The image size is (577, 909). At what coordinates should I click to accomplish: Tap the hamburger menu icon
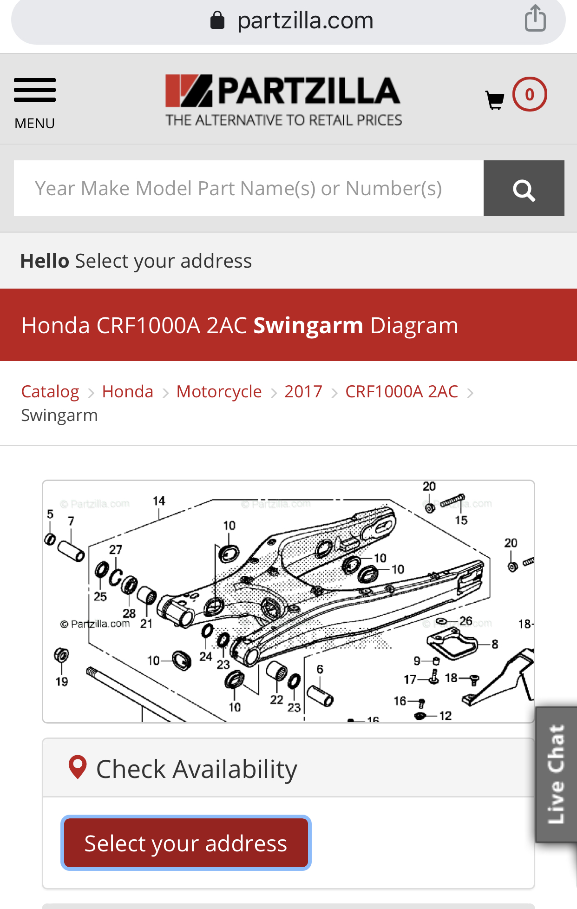35,90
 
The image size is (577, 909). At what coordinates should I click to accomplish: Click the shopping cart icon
495,99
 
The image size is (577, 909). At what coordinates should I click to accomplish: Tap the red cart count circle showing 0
530,94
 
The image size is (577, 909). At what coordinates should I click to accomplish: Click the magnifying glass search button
524,188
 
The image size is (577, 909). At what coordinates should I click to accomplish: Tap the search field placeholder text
238,189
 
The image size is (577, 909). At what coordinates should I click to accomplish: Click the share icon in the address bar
535,18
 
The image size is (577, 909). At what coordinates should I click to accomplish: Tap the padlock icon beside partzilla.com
217,20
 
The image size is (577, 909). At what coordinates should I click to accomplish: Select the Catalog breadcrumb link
50,391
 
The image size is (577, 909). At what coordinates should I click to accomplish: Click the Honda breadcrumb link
128,391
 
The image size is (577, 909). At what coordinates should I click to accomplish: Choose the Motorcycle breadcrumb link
219,391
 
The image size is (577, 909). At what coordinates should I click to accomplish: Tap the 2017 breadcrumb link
303,391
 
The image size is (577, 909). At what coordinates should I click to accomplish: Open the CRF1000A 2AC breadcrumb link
402,391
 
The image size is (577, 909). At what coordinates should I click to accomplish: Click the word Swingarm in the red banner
308,326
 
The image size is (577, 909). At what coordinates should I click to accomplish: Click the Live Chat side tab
556,774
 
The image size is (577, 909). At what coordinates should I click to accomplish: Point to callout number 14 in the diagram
159,501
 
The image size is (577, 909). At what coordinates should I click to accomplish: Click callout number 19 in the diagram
62,682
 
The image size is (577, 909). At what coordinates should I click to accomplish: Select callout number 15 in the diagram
461,520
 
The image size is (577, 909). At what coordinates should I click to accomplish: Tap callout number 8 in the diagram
495,644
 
